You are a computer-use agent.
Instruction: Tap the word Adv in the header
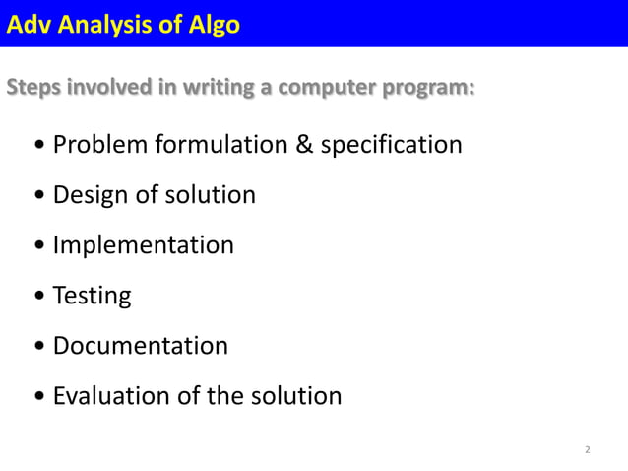[29, 24]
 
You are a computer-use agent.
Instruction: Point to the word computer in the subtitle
[326, 87]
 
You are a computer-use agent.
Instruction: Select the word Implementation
[144, 245]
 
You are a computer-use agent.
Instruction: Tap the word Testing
[92, 296]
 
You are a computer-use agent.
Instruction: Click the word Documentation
[141, 346]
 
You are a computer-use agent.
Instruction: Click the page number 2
[588, 450]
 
